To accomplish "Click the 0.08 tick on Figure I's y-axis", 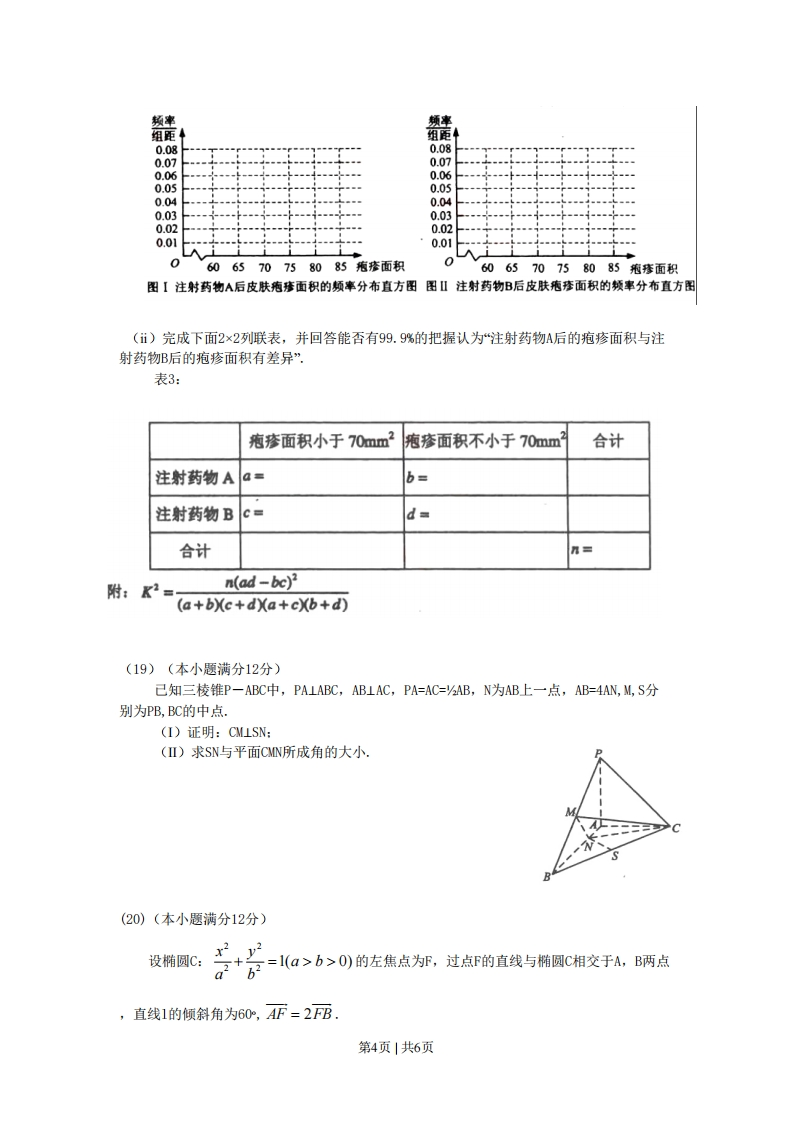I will click(x=165, y=148).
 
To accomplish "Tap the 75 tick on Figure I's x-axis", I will click(x=289, y=268).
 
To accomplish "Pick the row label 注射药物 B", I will click(x=194, y=514).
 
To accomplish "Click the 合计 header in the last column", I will click(x=608, y=440).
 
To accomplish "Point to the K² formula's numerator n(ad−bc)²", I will click(x=262, y=583).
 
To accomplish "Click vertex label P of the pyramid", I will click(x=598, y=753).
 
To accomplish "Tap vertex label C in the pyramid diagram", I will click(x=676, y=827).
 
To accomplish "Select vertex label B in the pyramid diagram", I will click(x=546, y=877).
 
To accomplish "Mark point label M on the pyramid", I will click(x=569, y=812).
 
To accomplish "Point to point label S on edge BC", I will click(x=615, y=856).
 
